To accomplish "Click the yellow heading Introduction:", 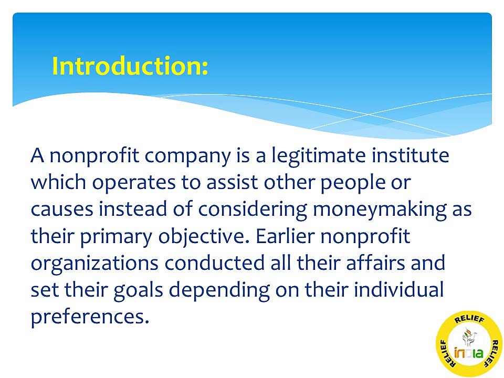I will (130, 67).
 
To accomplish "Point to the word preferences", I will (87, 317).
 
